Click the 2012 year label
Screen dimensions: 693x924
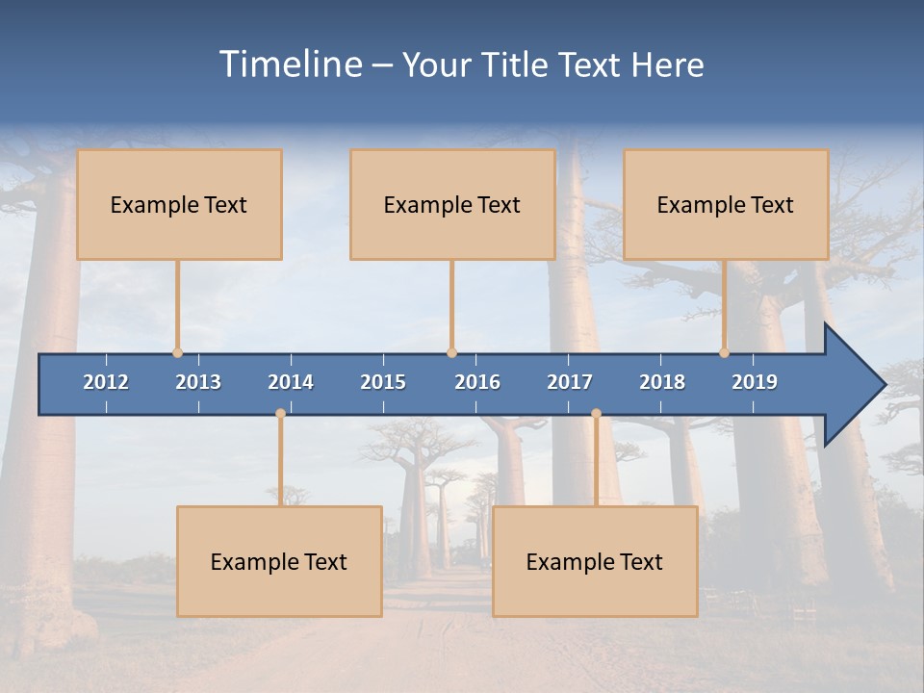106,382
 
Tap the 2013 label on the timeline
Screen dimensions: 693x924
198,382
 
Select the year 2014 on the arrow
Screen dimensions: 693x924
291,382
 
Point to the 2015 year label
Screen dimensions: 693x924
383,382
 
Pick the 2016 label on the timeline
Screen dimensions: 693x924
477,382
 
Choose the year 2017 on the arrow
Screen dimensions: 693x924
570,382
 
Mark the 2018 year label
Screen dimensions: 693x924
662,382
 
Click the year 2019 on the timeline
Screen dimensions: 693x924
755,382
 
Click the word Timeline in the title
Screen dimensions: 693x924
290,64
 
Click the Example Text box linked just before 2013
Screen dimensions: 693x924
179,204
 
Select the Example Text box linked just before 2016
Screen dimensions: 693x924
452,204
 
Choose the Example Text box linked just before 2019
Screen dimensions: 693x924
726,204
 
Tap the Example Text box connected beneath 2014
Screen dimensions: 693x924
279,561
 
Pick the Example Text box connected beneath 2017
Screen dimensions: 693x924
595,561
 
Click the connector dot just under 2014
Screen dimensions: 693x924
280,413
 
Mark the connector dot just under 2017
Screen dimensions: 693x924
596,413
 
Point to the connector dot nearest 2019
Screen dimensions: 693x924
724,353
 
